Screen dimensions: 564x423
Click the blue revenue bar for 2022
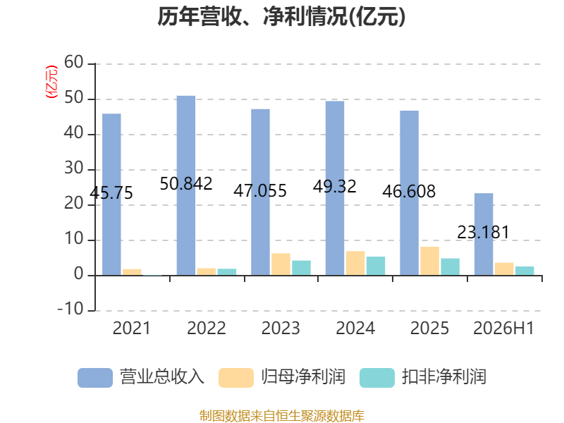point(186,185)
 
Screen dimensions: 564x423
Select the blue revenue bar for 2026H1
point(484,235)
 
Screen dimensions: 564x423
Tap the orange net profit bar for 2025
point(429,261)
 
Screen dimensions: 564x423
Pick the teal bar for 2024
point(376,266)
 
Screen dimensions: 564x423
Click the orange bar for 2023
point(281,264)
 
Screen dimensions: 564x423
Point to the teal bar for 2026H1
point(525,271)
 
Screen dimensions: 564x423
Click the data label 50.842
point(186,184)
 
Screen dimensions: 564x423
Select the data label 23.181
point(483,232)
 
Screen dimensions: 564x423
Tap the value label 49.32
point(334,186)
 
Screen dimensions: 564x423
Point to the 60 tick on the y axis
point(74,62)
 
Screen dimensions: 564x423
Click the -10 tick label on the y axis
point(70,309)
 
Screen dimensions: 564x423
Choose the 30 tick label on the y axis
point(74,168)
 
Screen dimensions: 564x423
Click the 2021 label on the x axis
point(132,328)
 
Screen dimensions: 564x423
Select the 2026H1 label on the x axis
point(503,328)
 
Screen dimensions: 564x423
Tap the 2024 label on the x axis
point(355,328)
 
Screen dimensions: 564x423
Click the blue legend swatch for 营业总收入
point(95,378)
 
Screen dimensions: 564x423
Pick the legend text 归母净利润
point(303,377)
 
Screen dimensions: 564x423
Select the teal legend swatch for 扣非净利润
point(377,378)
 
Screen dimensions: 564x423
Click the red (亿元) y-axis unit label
point(51,82)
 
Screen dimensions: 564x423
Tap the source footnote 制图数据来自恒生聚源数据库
point(282,416)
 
